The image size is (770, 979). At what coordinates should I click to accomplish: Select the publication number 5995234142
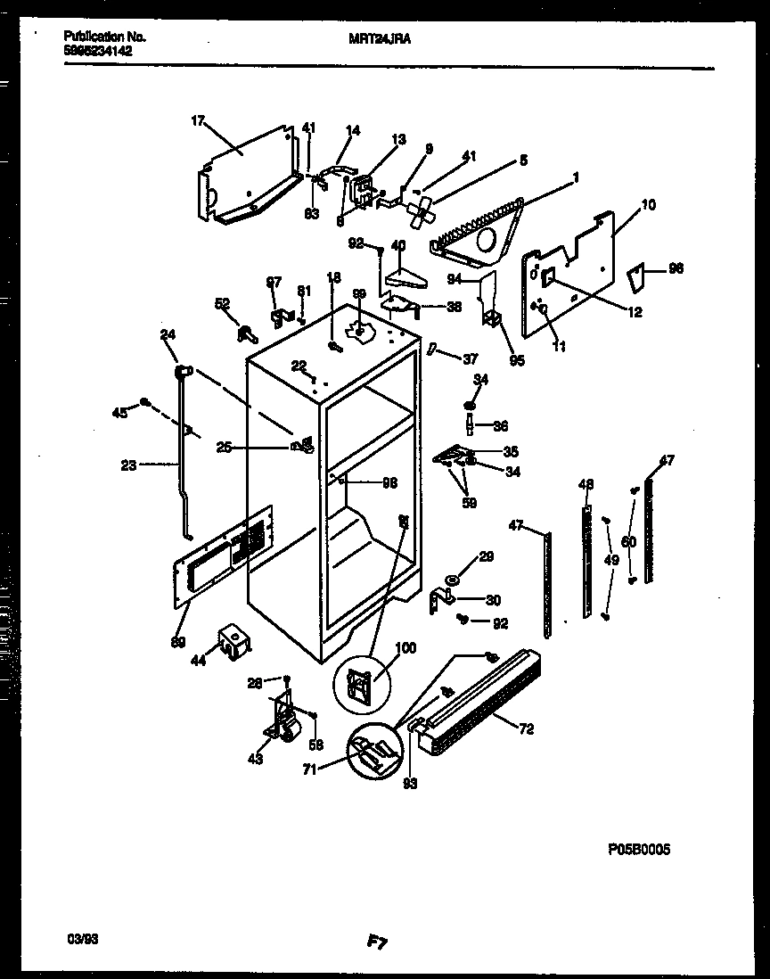97,52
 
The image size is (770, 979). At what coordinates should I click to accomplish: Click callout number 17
198,121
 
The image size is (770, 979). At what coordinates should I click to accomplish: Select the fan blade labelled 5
419,211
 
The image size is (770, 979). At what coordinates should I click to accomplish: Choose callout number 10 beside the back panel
648,205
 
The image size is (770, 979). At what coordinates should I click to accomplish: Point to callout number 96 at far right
676,267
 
